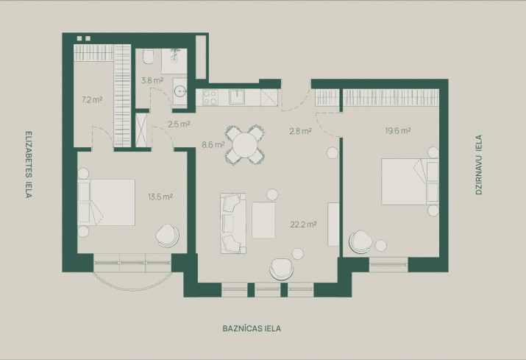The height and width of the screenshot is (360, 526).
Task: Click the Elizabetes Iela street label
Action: [x=29, y=165]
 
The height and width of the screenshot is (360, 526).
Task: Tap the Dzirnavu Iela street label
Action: [x=479, y=165]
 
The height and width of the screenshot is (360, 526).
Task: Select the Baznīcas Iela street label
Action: [x=252, y=328]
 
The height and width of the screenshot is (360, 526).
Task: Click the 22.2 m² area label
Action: [x=303, y=225]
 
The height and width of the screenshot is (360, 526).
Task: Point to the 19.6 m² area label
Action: [x=398, y=130]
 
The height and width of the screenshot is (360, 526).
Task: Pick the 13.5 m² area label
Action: [x=160, y=197]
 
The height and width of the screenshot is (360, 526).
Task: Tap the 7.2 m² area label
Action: [x=92, y=99]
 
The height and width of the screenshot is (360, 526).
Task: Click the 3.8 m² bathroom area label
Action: [x=152, y=80]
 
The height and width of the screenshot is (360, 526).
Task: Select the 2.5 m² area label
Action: [x=179, y=124]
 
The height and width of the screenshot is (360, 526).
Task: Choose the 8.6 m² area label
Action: [x=213, y=145]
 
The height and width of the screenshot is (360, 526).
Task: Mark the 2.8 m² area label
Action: [x=301, y=131]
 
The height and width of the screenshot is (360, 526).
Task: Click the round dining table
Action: [x=245, y=145]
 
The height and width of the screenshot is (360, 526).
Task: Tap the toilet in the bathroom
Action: [x=148, y=57]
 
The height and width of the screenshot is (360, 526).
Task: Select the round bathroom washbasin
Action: [x=180, y=91]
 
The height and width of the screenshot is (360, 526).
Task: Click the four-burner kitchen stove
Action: [x=210, y=97]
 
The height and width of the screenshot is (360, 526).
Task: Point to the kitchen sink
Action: [x=237, y=96]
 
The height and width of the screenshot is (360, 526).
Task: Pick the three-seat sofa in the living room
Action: [x=233, y=223]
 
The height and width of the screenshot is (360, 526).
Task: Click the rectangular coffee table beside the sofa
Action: [x=263, y=220]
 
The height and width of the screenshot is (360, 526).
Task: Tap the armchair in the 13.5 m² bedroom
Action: [x=167, y=236]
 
